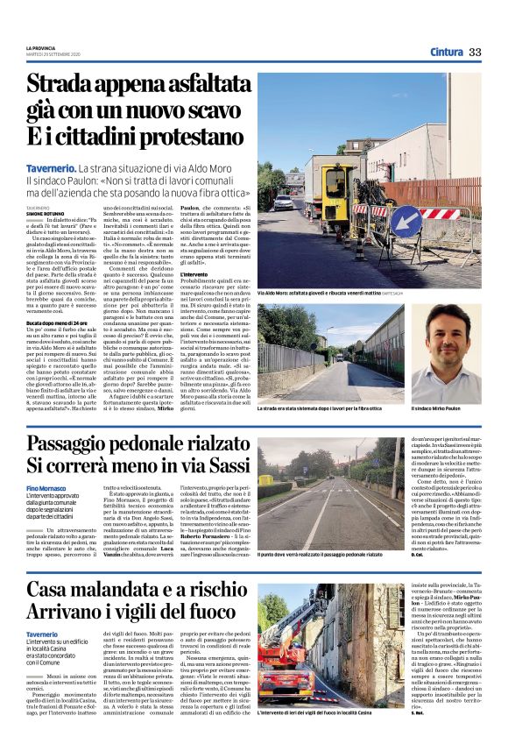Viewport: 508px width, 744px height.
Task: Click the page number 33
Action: click(475, 53)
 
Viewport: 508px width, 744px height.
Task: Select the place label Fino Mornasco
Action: click(46, 487)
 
